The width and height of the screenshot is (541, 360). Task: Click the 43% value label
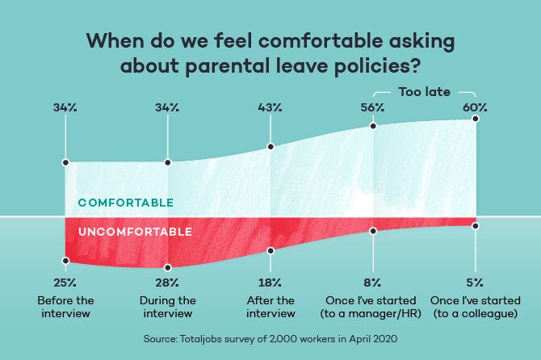tap(270, 107)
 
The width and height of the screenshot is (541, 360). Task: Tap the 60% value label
tap(475, 107)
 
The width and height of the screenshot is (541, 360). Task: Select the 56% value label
tap(372, 107)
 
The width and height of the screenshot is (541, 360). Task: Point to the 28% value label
tap(167, 283)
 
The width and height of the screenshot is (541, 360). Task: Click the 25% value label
tap(65, 283)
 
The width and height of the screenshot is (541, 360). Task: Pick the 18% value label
tap(270, 283)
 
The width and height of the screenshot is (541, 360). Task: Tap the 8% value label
tap(372, 283)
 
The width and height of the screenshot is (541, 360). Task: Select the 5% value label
tap(475, 283)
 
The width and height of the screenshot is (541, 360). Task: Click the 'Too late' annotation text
tap(425, 92)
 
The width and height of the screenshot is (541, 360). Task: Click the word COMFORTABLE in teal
tap(126, 203)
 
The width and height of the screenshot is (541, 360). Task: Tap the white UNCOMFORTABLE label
tap(136, 232)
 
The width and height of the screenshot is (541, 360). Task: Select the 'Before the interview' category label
tap(65, 307)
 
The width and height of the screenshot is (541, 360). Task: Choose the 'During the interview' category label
tap(168, 307)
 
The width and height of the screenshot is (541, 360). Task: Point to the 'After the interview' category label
tap(270, 307)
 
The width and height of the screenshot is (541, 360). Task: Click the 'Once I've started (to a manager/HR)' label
tap(371, 307)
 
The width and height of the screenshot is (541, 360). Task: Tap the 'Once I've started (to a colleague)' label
tap(476, 307)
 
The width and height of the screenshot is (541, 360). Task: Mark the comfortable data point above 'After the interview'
tap(270, 147)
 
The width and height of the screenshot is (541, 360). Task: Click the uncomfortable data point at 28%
tap(168, 268)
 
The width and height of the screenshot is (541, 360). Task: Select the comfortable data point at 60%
tap(476, 119)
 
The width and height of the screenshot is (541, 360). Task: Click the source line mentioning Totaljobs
tap(270, 339)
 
